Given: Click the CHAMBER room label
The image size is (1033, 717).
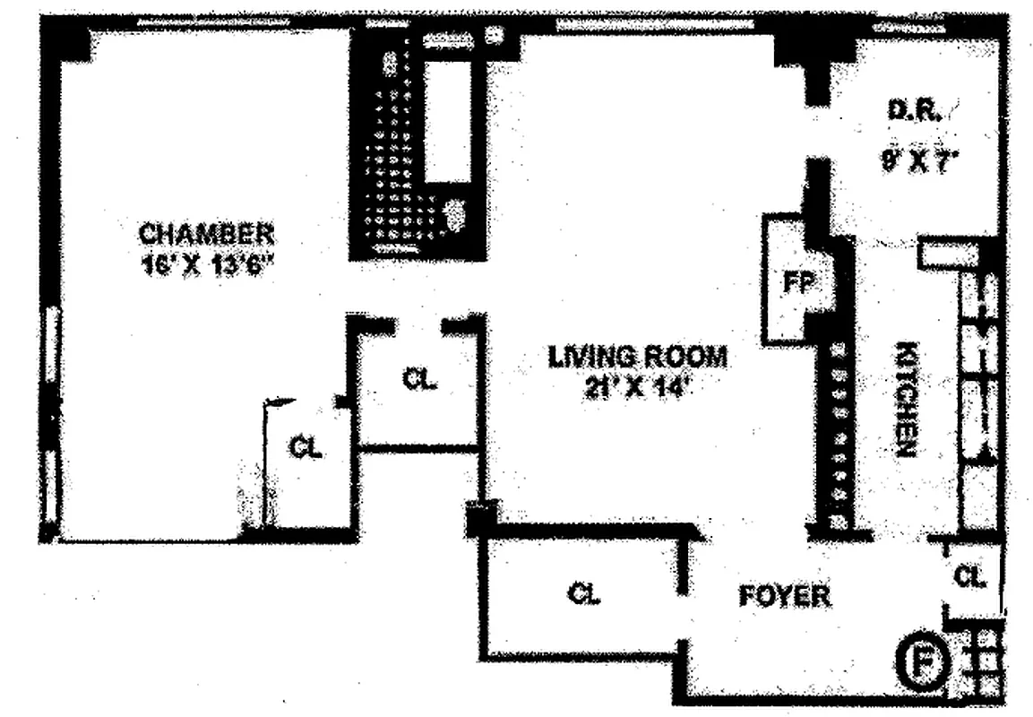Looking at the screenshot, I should tap(205, 234).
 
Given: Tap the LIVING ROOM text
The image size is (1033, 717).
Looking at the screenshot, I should tap(637, 357).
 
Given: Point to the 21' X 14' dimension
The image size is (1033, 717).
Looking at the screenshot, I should tap(637, 388).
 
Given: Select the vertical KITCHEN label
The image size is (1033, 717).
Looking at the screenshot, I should tap(905, 400).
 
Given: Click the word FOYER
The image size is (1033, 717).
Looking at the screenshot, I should tap(784, 596).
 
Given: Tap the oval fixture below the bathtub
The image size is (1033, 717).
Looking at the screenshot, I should tap(455, 213).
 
